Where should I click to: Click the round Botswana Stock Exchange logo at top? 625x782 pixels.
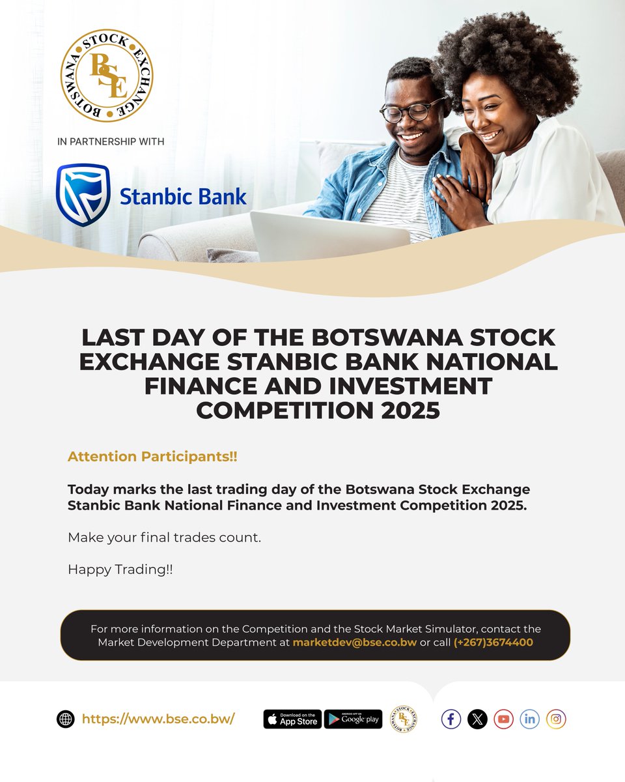pos(107,76)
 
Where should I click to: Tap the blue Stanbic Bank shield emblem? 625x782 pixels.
pos(83,194)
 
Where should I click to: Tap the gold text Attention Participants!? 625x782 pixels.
pos(152,457)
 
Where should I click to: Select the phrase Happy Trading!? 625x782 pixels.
pos(120,570)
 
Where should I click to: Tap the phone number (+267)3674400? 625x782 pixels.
pos(493,643)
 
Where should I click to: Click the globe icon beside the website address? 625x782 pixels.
pos(65,719)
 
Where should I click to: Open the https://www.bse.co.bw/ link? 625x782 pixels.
pos(158,719)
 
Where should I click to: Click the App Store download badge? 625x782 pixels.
pos(292,719)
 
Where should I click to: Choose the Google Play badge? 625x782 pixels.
pos(353,719)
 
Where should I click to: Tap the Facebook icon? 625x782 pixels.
pos(451,719)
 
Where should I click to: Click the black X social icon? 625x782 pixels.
pos(477,719)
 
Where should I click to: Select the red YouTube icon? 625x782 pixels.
pos(503,719)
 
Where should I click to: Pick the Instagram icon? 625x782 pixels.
pos(556,719)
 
